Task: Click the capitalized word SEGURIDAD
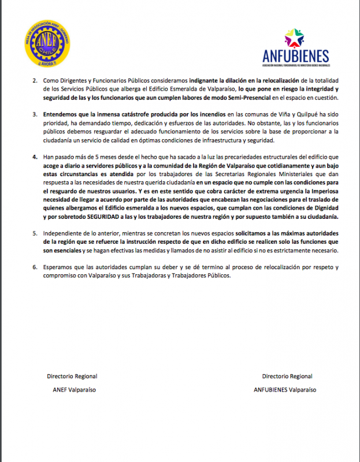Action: click(x=115, y=216)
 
